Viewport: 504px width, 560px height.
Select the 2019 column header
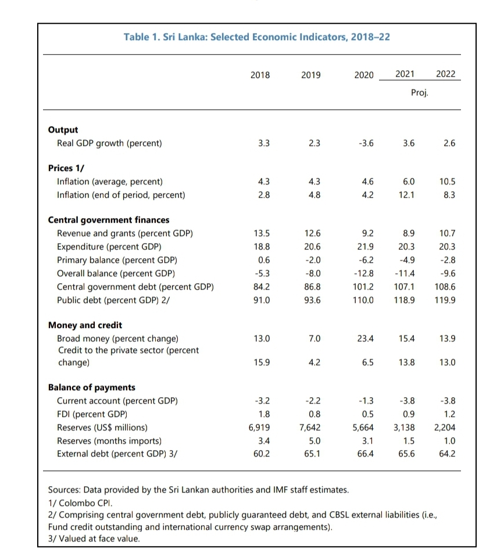tap(311, 74)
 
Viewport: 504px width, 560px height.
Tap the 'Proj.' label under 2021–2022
tap(419, 92)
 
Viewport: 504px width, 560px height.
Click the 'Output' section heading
tap(63, 130)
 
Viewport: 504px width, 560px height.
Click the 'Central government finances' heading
tap(108, 220)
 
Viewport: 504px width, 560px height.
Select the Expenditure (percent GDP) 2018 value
tap(262, 247)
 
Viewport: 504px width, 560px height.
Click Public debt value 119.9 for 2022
tap(445, 300)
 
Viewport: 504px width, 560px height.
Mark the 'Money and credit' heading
tap(85, 325)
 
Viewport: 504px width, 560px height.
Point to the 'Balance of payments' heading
tap(91, 387)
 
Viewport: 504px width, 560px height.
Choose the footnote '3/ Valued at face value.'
tap(94, 538)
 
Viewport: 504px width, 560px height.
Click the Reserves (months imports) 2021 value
tap(409, 441)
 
